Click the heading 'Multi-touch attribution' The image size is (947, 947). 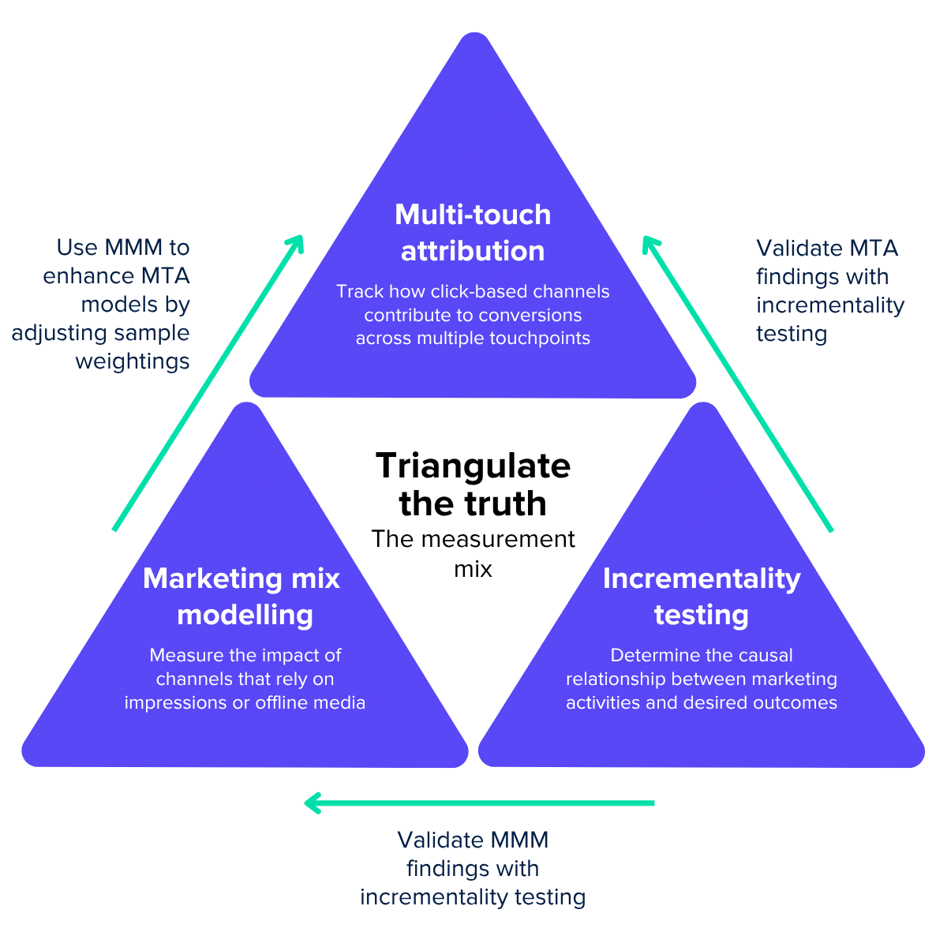coord(473,233)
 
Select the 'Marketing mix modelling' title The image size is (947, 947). coord(242,597)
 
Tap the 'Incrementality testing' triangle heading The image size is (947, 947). coord(702,597)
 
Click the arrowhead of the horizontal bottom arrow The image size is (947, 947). coord(313,803)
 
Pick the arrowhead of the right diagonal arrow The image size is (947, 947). coord(649,242)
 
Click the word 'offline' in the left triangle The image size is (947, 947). coord(283,702)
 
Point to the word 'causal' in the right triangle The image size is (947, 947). coord(766,655)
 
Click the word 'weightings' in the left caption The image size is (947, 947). coord(133,361)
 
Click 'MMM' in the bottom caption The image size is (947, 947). coord(518,840)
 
